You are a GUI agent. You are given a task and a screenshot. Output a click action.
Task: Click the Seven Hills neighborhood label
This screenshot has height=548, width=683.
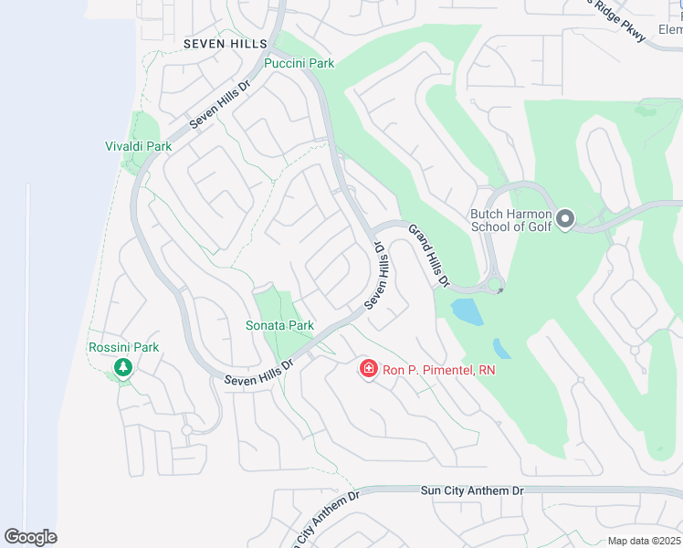point(226,44)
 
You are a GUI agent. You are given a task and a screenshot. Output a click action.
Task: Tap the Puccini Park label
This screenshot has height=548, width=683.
point(299,63)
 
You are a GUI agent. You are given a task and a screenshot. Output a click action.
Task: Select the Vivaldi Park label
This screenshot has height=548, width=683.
point(139,146)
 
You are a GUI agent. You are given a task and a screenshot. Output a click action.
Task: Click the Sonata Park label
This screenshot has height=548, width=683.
point(279,325)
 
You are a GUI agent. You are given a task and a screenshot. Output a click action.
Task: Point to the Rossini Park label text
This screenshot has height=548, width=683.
point(123,347)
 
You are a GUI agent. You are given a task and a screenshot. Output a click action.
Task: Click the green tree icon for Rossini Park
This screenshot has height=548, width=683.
point(123,367)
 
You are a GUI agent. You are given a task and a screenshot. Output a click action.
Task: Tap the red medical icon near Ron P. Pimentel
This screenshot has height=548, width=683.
point(369,369)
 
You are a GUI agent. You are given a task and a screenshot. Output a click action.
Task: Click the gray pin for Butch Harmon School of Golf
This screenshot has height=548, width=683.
point(564,218)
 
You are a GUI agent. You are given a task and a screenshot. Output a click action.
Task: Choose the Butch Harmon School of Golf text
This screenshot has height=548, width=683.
point(510,221)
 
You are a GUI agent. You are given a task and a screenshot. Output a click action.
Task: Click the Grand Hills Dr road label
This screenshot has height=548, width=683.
point(429,257)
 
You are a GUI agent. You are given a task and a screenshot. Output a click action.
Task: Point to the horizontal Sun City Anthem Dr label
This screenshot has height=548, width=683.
point(472,490)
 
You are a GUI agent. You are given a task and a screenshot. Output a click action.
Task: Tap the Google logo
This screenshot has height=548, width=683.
point(30,537)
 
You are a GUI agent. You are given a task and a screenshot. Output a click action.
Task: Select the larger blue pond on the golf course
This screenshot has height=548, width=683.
point(468,312)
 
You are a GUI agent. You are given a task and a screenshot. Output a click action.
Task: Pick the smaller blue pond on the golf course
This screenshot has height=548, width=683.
point(501,348)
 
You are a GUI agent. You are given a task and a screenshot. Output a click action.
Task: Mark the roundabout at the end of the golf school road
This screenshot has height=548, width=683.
point(494,286)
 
